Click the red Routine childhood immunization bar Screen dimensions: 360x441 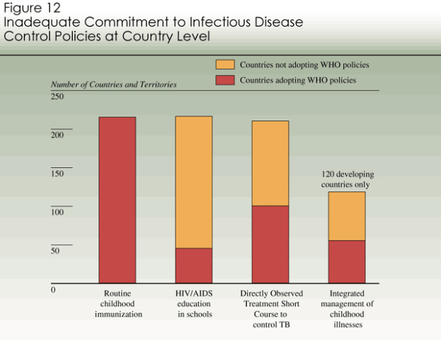click(117, 200)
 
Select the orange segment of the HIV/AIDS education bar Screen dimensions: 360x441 click(194, 181)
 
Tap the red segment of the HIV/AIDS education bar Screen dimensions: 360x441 click(194, 266)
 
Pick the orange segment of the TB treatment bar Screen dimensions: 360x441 click(270, 163)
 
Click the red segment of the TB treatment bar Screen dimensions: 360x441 click(270, 244)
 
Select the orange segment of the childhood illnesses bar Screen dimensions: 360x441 click(347, 216)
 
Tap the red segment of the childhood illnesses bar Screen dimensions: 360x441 click(347, 262)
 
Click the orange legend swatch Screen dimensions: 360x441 click(224, 64)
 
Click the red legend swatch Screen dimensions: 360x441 click(224, 80)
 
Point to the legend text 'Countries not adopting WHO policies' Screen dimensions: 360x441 click(304, 64)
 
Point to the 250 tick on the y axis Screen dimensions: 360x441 click(57, 96)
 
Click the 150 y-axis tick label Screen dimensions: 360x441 click(57, 174)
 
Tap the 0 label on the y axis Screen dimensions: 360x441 click(53, 290)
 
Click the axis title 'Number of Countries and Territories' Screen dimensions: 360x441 click(114, 84)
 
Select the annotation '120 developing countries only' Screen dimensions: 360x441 click(347, 179)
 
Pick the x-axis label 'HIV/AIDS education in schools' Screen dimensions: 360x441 click(194, 303)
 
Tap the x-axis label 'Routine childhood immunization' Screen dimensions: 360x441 click(118, 303)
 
